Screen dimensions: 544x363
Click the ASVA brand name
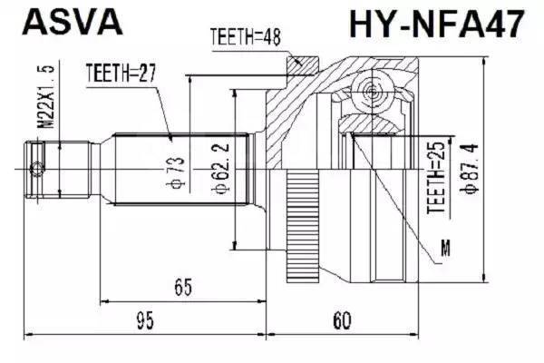[x=73, y=22]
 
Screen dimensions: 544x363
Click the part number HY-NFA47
[x=436, y=24]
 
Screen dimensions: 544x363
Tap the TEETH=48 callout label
[x=246, y=37]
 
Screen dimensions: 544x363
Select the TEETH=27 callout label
[x=121, y=73]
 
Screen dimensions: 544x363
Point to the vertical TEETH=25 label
[x=436, y=178]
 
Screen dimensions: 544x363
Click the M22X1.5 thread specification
[x=46, y=96]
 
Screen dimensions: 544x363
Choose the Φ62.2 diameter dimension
[x=220, y=168]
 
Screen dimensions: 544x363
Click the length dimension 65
[x=183, y=287]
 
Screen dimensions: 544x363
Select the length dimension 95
[x=145, y=320]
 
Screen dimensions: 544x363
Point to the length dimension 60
[x=342, y=320]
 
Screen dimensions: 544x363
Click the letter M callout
[x=445, y=248]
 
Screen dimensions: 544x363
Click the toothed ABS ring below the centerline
[x=303, y=226]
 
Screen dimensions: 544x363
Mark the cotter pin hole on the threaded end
[x=35, y=170]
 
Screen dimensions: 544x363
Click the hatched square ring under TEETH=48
[x=303, y=65]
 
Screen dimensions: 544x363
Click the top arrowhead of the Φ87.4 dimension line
[x=484, y=61]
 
